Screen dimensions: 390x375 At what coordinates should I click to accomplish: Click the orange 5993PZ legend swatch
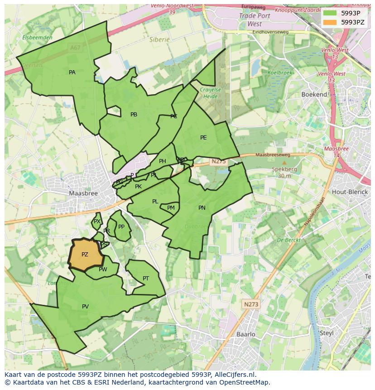tap(330, 22)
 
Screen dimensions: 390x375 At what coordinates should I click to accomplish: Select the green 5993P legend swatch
tap(330, 13)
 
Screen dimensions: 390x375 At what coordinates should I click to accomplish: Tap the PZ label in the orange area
tap(85, 255)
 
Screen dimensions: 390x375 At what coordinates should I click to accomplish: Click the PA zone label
tap(72, 72)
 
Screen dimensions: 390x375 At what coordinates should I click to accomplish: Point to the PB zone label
tap(134, 115)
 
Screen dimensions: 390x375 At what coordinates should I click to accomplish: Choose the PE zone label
tap(203, 138)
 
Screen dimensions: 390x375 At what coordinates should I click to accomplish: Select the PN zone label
tap(202, 208)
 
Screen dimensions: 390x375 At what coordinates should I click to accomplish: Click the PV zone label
tap(85, 307)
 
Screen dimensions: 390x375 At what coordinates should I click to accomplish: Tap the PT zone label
tap(146, 279)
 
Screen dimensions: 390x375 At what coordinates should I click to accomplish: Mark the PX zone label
tap(96, 221)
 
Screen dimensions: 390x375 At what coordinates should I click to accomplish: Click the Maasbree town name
tap(83, 193)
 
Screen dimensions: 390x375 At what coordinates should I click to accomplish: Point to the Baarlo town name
tap(246, 334)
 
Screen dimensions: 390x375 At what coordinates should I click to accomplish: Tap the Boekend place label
tap(314, 94)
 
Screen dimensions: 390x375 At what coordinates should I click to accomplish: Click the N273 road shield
tap(250, 304)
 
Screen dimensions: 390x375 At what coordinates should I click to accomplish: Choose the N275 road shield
tap(217, 161)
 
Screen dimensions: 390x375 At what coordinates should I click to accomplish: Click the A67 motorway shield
tap(76, 47)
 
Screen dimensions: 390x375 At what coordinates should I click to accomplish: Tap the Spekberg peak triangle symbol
tap(284, 162)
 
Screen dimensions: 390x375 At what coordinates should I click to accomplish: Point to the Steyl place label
tap(327, 333)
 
